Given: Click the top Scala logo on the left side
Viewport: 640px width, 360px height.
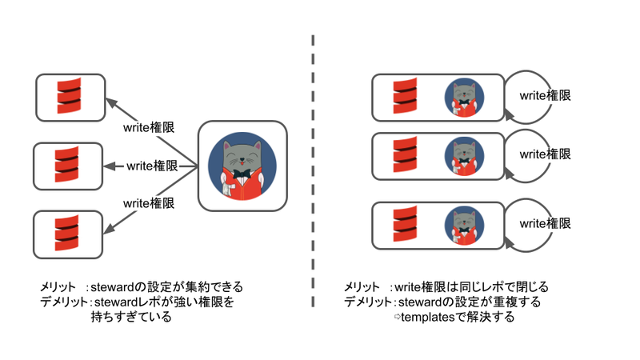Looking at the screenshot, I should (x=70, y=97).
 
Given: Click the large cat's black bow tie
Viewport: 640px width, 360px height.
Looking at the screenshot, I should (x=242, y=173).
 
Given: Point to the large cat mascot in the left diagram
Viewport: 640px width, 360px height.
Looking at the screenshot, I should (x=242, y=166).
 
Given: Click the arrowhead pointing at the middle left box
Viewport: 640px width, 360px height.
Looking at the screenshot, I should (x=110, y=166).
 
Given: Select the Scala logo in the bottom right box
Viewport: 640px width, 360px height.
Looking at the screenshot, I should (x=404, y=226).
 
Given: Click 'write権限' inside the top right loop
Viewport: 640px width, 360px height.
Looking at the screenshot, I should (x=545, y=95).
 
